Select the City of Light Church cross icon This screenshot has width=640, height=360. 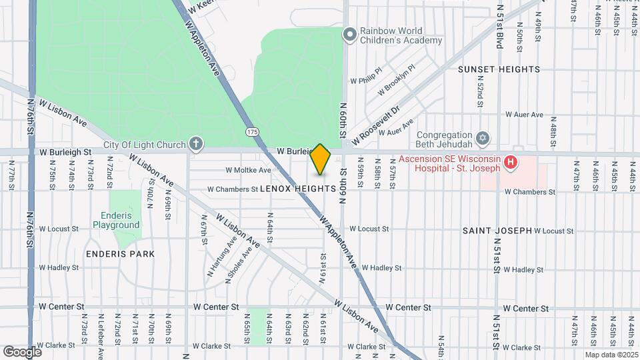click(195, 144)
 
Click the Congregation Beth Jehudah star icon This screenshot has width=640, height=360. click(483, 139)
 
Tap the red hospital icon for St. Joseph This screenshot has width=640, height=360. click(510, 161)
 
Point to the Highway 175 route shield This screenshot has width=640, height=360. click(252, 132)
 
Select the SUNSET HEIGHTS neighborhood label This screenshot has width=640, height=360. click(499, 69)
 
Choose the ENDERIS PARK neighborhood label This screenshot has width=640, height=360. click(120, 254)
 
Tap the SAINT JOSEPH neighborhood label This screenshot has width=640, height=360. click(497, 231)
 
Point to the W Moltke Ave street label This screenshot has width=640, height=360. click(248, 171)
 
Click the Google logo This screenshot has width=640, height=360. click(22, 351)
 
